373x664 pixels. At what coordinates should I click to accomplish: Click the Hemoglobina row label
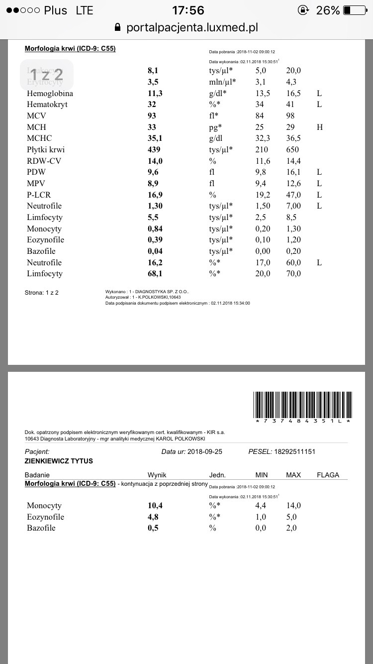(x=50, y=93)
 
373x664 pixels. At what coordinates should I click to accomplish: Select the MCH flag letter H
(x=319, y=127)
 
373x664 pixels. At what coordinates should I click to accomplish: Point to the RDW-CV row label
(x=44, y=161)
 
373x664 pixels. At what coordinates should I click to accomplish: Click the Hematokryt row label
(x=47, y=105)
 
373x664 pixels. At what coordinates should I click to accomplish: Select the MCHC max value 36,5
(x=293, y=138)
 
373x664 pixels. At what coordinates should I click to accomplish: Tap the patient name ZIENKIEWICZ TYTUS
(x=59, y=461)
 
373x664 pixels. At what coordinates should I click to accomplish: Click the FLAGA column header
(x=328, y=475)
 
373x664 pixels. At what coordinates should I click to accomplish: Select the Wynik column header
(x=157, y=475)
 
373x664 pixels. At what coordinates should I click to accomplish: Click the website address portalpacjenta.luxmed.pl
(x=192, y=27)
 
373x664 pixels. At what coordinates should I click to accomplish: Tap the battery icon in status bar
(x=354, y=10)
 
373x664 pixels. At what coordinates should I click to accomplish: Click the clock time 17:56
(x=187, y=10)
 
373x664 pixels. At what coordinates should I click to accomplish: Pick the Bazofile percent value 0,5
(x=153, y=528)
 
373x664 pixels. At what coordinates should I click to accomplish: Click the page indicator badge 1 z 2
(x=47, y=75)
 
